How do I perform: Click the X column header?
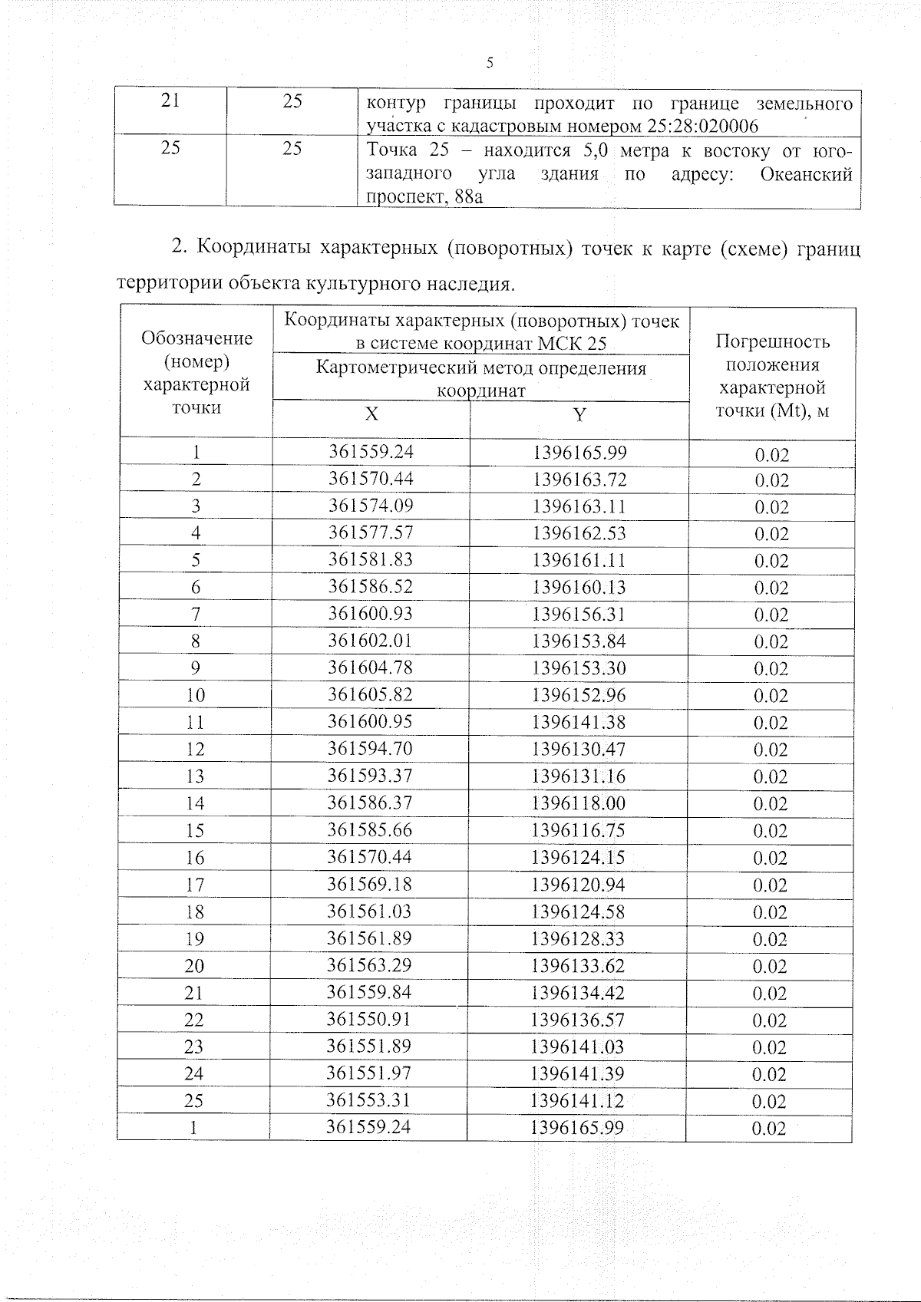point(371,414)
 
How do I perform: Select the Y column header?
point(580,415)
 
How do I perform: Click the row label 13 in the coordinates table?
point(195,776)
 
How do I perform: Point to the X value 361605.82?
point(371,694)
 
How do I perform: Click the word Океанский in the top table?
point(805,174)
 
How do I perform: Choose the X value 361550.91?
point(369,1020)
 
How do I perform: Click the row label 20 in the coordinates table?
point(194,966)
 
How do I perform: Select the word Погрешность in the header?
point(772,342)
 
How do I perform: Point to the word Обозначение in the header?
point(197,338)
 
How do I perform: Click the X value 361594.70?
point(370,749)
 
